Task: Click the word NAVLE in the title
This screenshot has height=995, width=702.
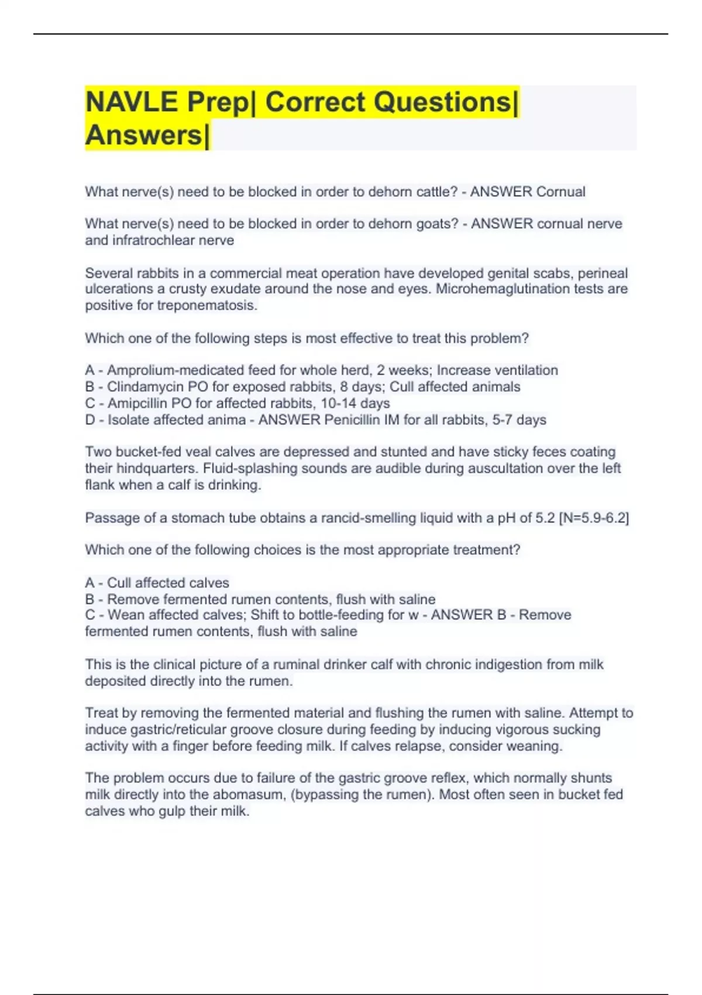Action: (x=132, y=102)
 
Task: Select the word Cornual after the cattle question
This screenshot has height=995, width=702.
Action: (x=560, y=192)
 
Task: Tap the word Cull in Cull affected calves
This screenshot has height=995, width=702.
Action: (x=119, y=583)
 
